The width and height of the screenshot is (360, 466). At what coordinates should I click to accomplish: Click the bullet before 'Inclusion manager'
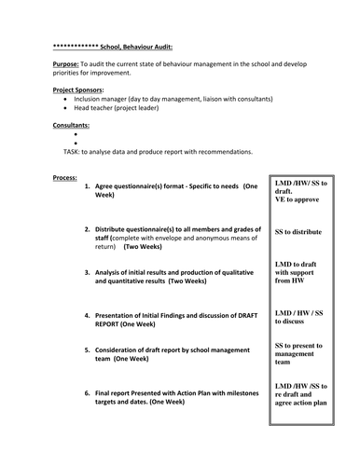(64, 98)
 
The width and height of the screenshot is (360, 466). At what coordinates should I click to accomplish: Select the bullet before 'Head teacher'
(64, 107)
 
